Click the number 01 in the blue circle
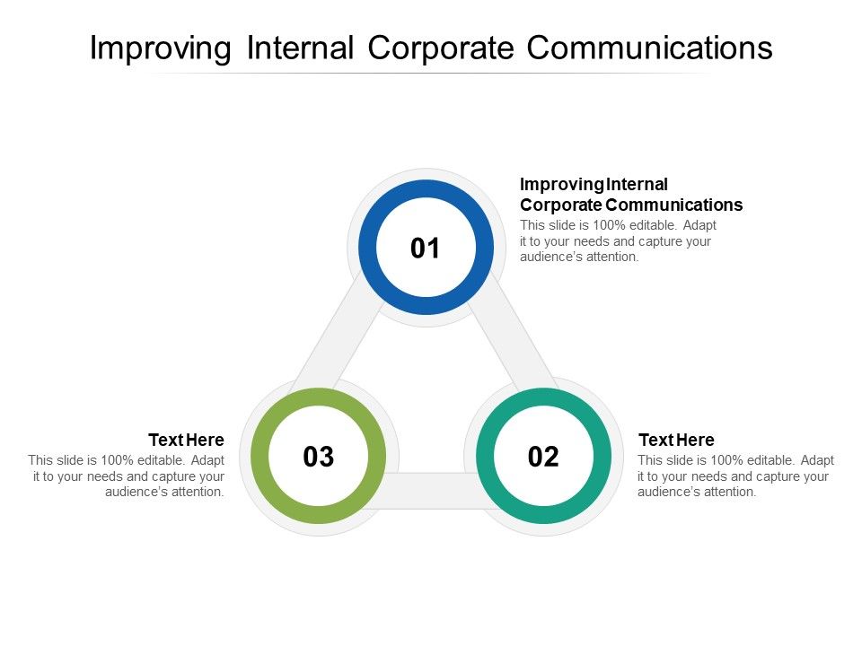(x=426, y=249)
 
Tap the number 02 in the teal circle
(x=543, y=457)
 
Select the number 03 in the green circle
(x=319, y=457)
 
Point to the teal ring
(x=543, y=399)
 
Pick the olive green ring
(x=319, y=399)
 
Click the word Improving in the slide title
(x=159, y=48)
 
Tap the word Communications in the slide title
(x=649, y=48)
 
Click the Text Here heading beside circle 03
(x=186, y=440)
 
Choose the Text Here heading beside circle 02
(x=676, y=440)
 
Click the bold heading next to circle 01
(x=630, y=195)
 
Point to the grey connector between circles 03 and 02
(x=431, y=489)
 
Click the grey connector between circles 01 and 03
(x=337, y=341)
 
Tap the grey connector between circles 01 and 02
(x=515, y=341)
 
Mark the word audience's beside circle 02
(x=668, y=492)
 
